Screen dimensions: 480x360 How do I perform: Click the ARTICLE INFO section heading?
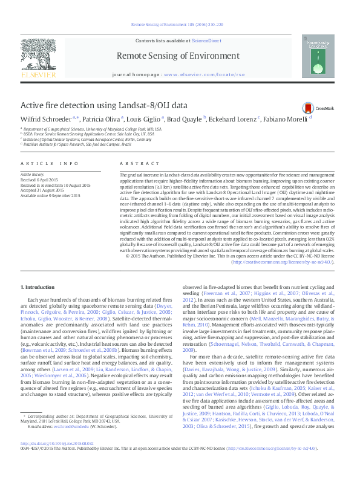pyautogui.click(x=50, y=164)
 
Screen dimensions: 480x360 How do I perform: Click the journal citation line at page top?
pyautogui.click(x=180, y=25)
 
